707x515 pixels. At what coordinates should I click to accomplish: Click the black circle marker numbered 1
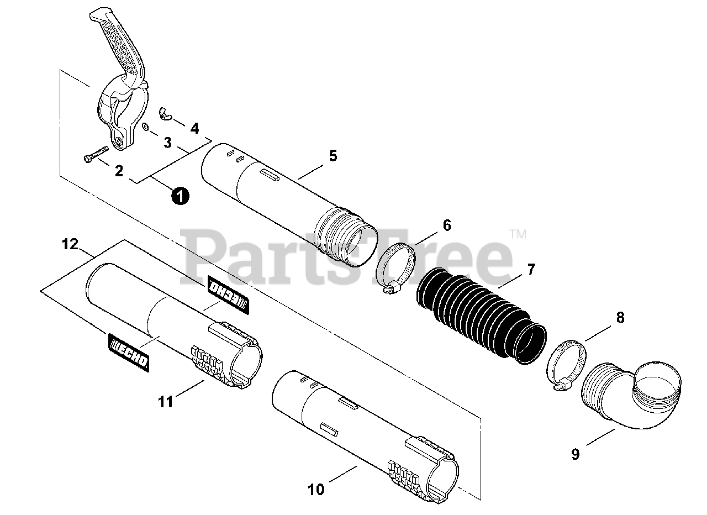(180, 196)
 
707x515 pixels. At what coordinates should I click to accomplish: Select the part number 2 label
(119, 171)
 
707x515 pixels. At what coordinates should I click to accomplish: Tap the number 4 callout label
(194, 129)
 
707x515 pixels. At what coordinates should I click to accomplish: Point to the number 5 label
(333, 156)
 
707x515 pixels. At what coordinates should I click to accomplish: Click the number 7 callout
(531, 270)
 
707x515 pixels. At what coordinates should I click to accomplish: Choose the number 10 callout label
(316, 489)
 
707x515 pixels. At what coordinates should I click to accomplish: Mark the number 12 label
(71, 244)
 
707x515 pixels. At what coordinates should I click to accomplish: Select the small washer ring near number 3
(145, 128)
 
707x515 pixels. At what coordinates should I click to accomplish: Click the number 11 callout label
(166, 401)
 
